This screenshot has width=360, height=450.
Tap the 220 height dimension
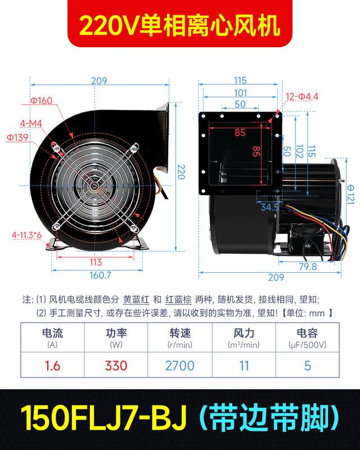(x=181, y=171)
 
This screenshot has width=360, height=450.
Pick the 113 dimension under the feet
(x=95, y=262)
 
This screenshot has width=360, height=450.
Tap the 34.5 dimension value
(x=269, y=208)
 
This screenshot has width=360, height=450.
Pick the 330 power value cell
(x=116, y=366)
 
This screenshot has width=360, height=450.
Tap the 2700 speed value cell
(x=180, y=366)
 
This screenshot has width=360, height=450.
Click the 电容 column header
(x=307, y=332)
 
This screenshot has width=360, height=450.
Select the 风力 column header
(x=244, y=332)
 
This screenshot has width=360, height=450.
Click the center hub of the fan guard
(x=95, y=187)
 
